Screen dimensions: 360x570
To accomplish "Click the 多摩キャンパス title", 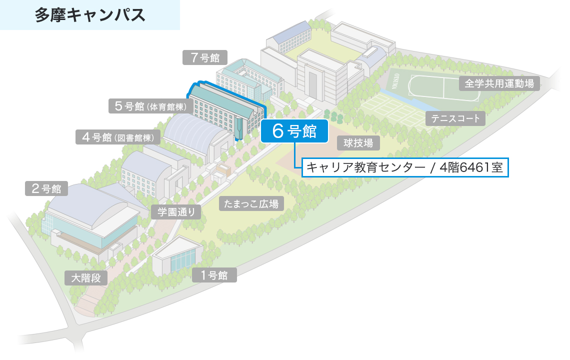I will [90, 15].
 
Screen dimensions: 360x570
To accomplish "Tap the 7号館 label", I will [205, 57].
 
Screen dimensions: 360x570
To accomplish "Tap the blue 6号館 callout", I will [294, 131].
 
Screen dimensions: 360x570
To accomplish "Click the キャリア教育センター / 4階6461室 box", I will [405, 167].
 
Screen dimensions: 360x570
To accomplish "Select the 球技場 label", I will [358, 143].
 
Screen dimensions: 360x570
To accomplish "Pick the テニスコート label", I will [455, 118].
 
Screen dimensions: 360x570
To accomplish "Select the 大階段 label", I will [86, 278].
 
